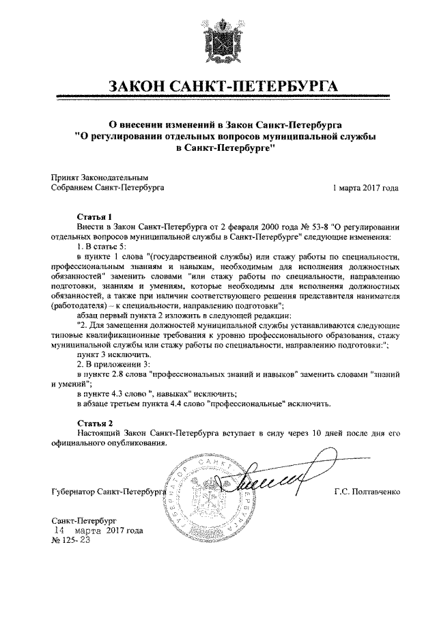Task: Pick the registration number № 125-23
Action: click(x=71, y=540)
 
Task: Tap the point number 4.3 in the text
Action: click(x=121, y=394)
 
